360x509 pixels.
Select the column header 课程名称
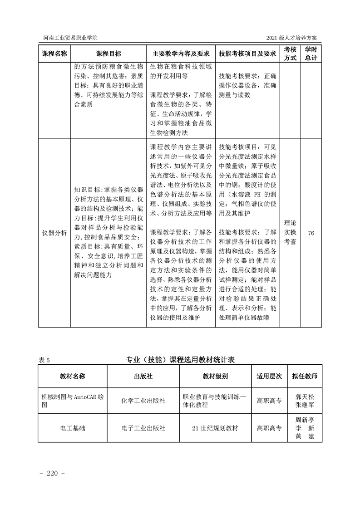pos(54,54)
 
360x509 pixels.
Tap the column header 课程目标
pos(108,54)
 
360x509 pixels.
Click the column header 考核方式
pos(290,54)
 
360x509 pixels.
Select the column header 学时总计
pos(311,54)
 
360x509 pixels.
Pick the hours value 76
pos(311,233)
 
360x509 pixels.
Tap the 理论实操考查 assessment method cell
pos(290,233)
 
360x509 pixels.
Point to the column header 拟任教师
pos(305,376)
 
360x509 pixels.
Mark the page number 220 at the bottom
pos(53,474)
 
